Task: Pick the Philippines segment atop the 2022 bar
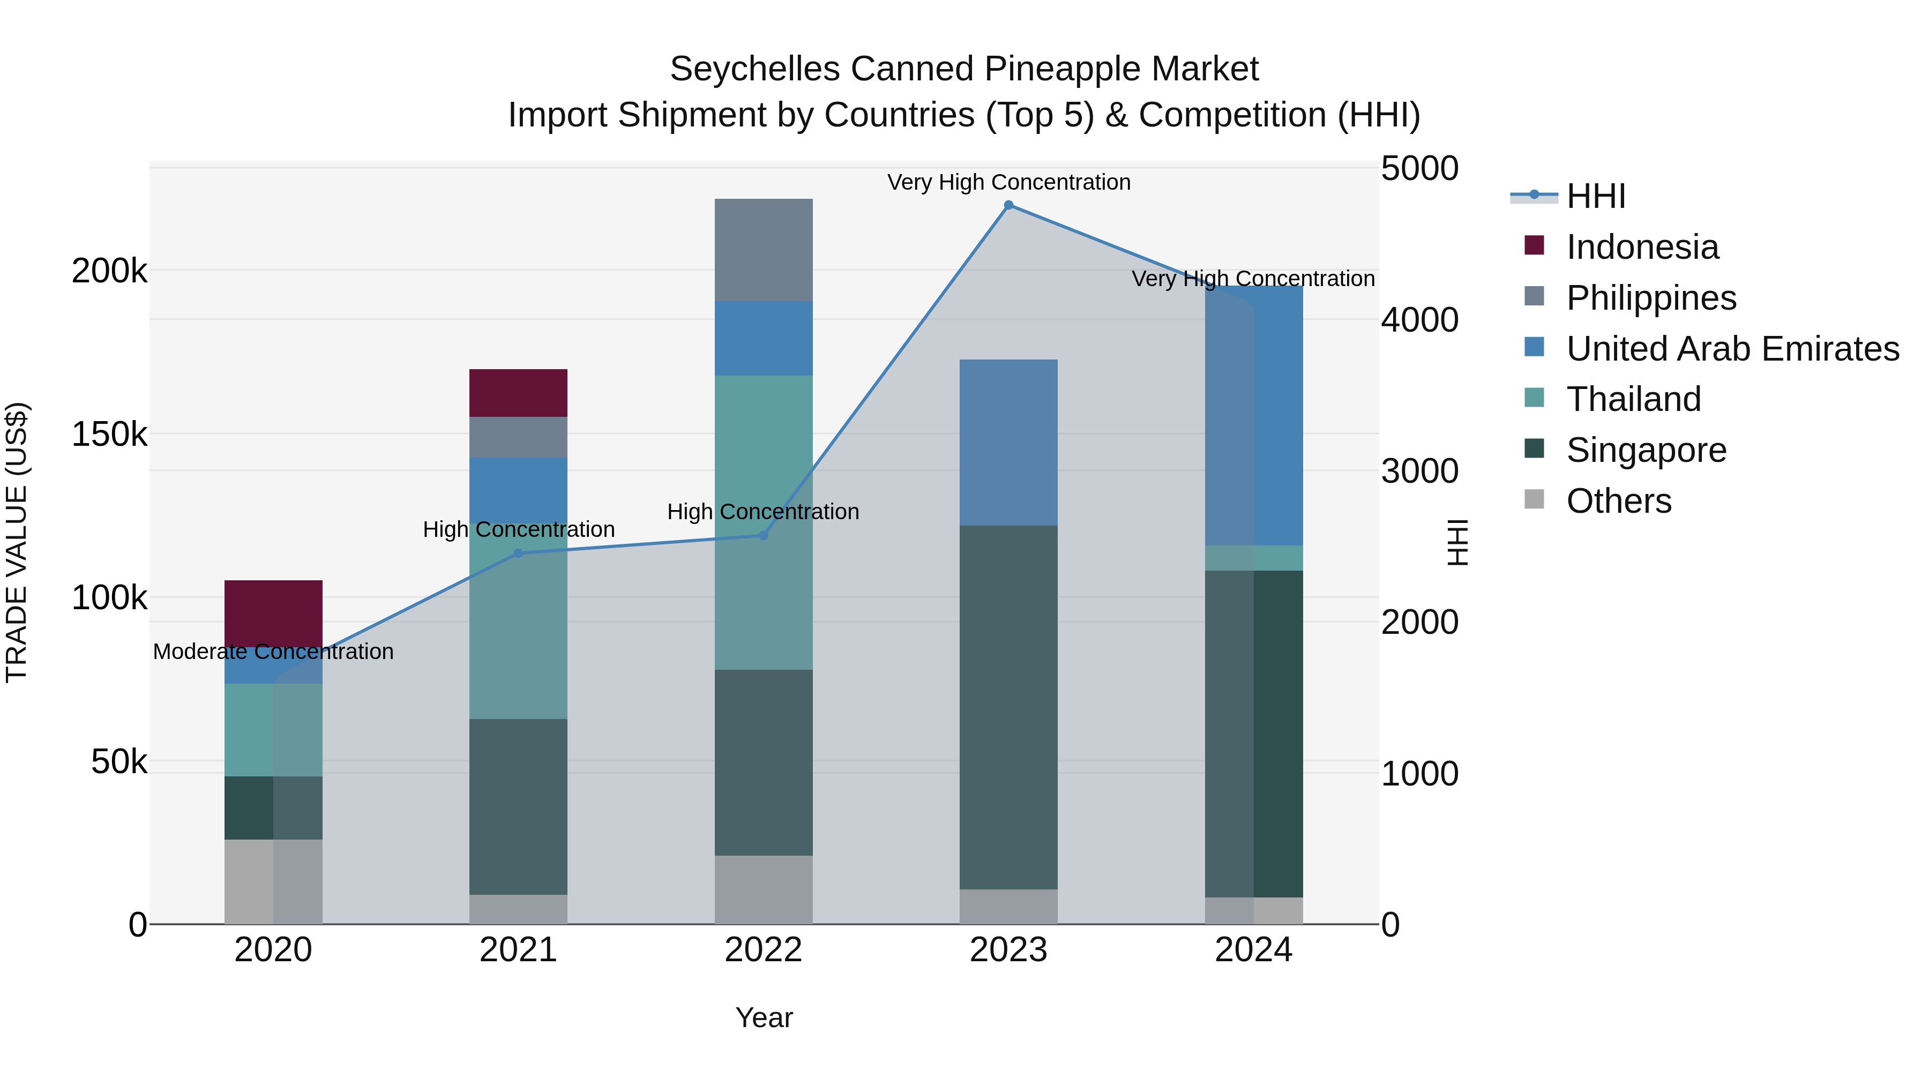763,249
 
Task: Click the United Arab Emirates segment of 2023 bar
1008,442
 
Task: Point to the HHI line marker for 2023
1008,205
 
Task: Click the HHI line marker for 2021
518,553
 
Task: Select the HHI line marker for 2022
763,535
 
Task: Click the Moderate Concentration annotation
273,652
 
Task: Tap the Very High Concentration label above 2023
1008,182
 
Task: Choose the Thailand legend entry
1633,399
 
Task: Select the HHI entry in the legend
1595,196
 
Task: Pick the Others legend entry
1618,501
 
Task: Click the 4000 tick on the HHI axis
1419,320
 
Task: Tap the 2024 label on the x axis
1253,950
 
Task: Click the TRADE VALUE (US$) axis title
17,542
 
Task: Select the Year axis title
763,1017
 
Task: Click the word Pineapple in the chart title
1052,69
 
